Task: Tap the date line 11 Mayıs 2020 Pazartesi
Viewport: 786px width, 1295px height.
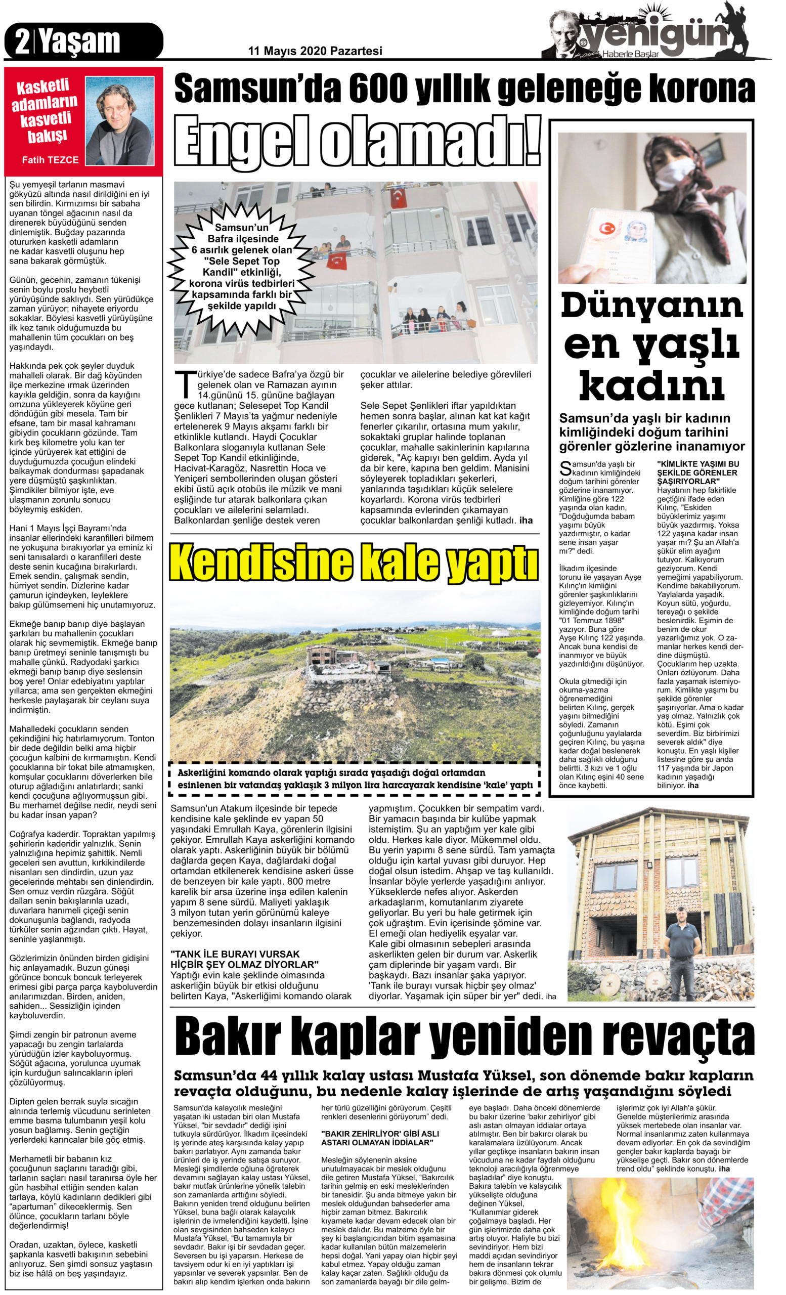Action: (315, 51)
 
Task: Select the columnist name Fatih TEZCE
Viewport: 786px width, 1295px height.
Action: (51, 160)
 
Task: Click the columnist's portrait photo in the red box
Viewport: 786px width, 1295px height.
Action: (119, 120)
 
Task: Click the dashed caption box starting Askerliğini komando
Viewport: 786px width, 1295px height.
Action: (355, 779)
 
